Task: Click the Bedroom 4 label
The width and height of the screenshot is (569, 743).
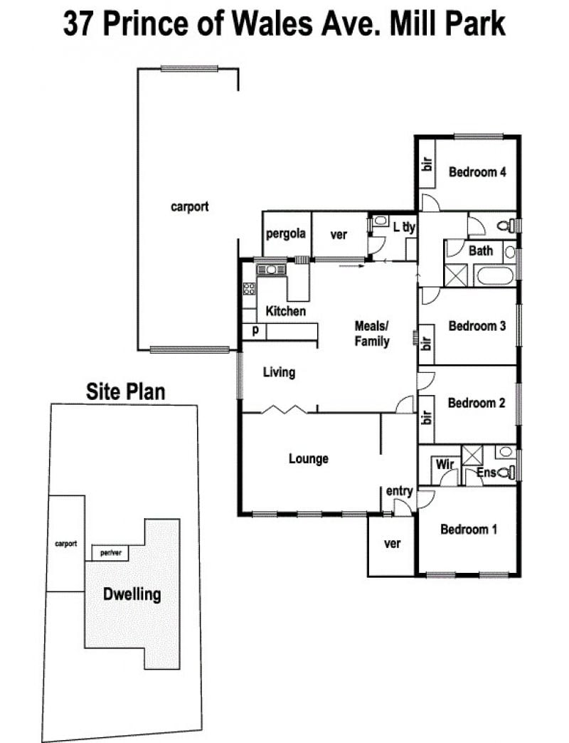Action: tap(477, 172)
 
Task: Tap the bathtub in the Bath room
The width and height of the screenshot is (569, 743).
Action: tap(495, 276)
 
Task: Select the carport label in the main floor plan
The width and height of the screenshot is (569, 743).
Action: tap(189, 207)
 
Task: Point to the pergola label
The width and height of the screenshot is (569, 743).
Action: tap(285, 234)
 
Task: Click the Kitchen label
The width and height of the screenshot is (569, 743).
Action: tap(285, 311)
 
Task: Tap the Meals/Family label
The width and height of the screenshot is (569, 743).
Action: tap(372, 334)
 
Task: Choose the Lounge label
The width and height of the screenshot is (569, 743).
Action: tap(309, 459)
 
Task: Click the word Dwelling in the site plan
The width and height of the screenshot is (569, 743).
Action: tap(132, 594)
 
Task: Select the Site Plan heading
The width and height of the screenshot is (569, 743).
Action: tap(125, 392)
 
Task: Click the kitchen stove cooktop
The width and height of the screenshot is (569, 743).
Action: tap(249, 288)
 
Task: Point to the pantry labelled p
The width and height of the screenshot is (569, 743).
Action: tap(255, 331)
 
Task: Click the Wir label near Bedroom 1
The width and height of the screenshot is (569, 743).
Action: tap(445, 464)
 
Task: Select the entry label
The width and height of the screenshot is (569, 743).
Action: tap(399, 491)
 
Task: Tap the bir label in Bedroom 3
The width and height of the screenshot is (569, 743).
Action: tap(426, 343)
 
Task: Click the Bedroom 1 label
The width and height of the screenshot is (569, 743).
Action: tap(469, 529)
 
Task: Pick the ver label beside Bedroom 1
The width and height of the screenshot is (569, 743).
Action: tap(392, 544)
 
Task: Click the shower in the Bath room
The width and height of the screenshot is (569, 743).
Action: tap(456, 276)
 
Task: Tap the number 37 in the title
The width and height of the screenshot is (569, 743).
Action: tap(78, 23)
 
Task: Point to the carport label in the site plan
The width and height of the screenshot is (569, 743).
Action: tap(66, 544)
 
